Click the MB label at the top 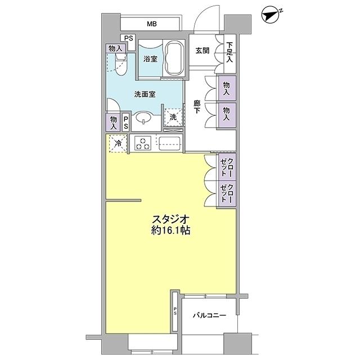(x=151, y=24)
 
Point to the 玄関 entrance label (x=202, y=51)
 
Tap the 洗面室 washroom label (x=145, y=94)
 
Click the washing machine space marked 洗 (x=174, y=118)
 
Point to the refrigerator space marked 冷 (x=118, y=143)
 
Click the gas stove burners (x=143, y=143)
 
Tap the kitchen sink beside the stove (x=169, y=142)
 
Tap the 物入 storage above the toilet (x=114, y=48)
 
